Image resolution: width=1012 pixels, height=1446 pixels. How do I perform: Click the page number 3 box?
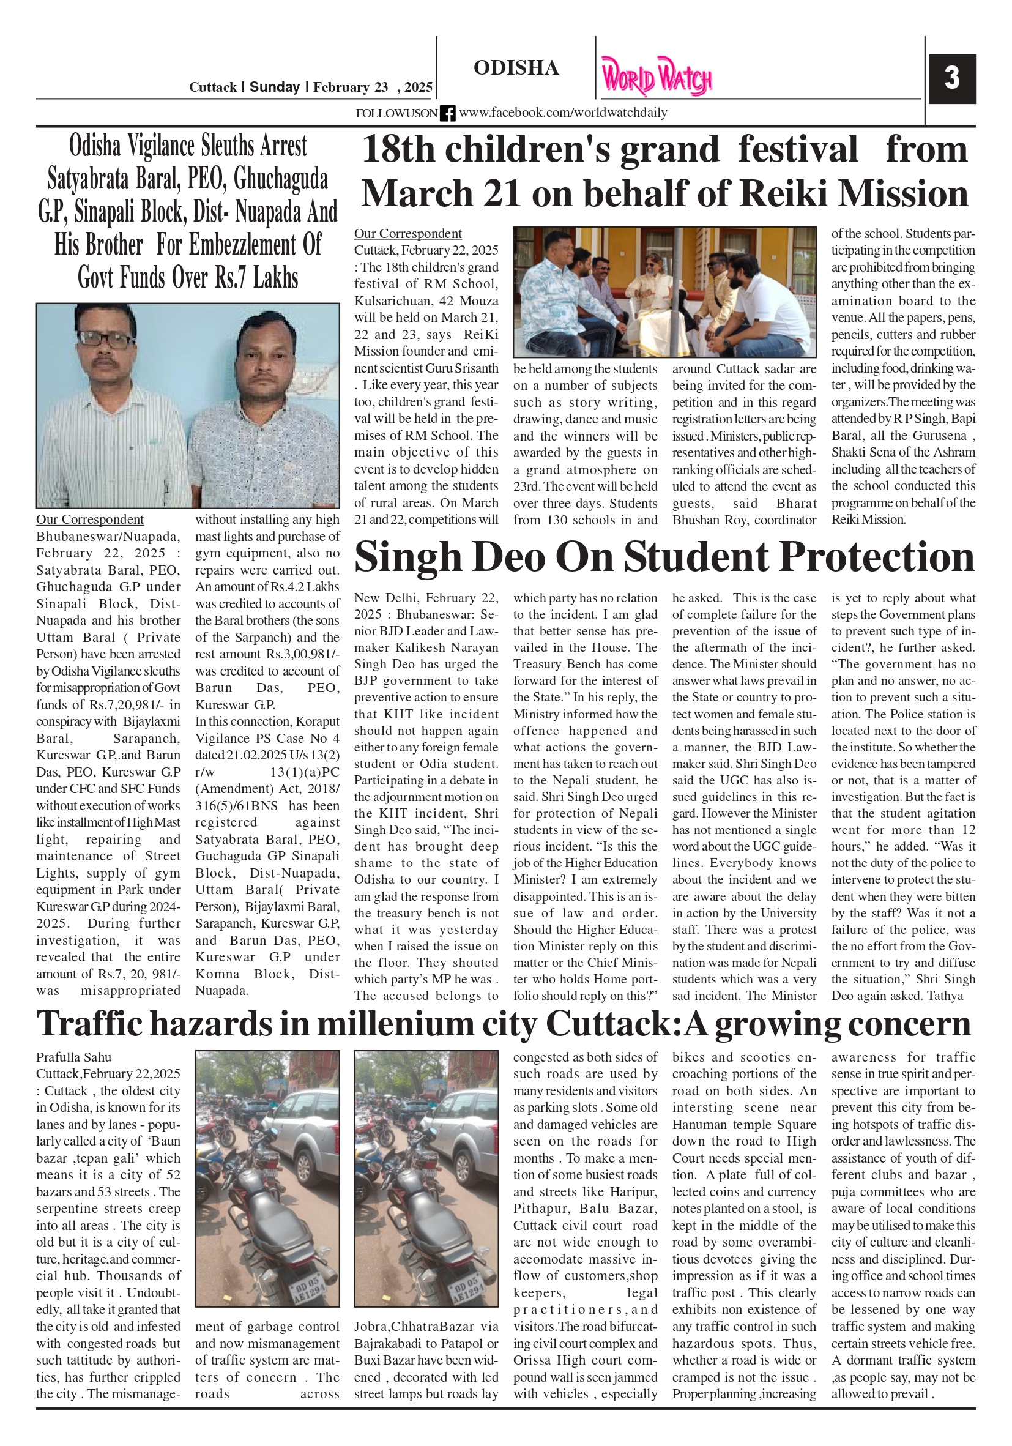coord(951,79)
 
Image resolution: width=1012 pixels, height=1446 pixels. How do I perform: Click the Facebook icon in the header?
coord(447,113)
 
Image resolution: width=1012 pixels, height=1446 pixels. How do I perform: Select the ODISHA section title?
coord(516,68)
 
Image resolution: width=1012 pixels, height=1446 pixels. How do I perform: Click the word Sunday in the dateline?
coord(275,88)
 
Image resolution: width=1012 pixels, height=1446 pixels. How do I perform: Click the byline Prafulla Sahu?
coord(73,1057)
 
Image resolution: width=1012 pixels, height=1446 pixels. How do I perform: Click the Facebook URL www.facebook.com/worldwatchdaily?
coord(562,113)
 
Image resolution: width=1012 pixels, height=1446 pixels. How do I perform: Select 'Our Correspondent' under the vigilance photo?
coord(89,520)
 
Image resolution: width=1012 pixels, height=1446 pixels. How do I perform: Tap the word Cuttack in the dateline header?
coord(213,88)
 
